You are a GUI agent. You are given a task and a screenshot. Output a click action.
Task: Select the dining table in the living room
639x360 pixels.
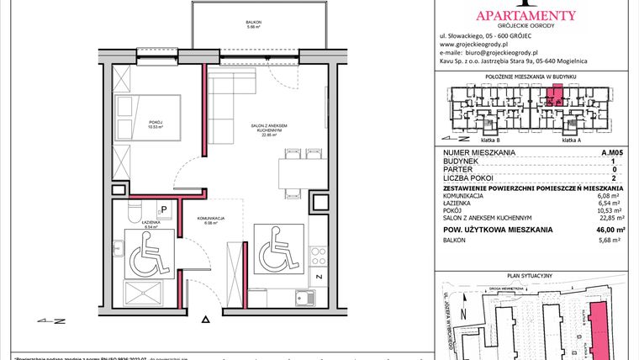tap(293, 173)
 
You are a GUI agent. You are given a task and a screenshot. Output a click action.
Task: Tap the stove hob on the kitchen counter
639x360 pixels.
tap(319, 253)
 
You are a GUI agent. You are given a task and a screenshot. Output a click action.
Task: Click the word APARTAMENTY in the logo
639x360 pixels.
tap(525, 14)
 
